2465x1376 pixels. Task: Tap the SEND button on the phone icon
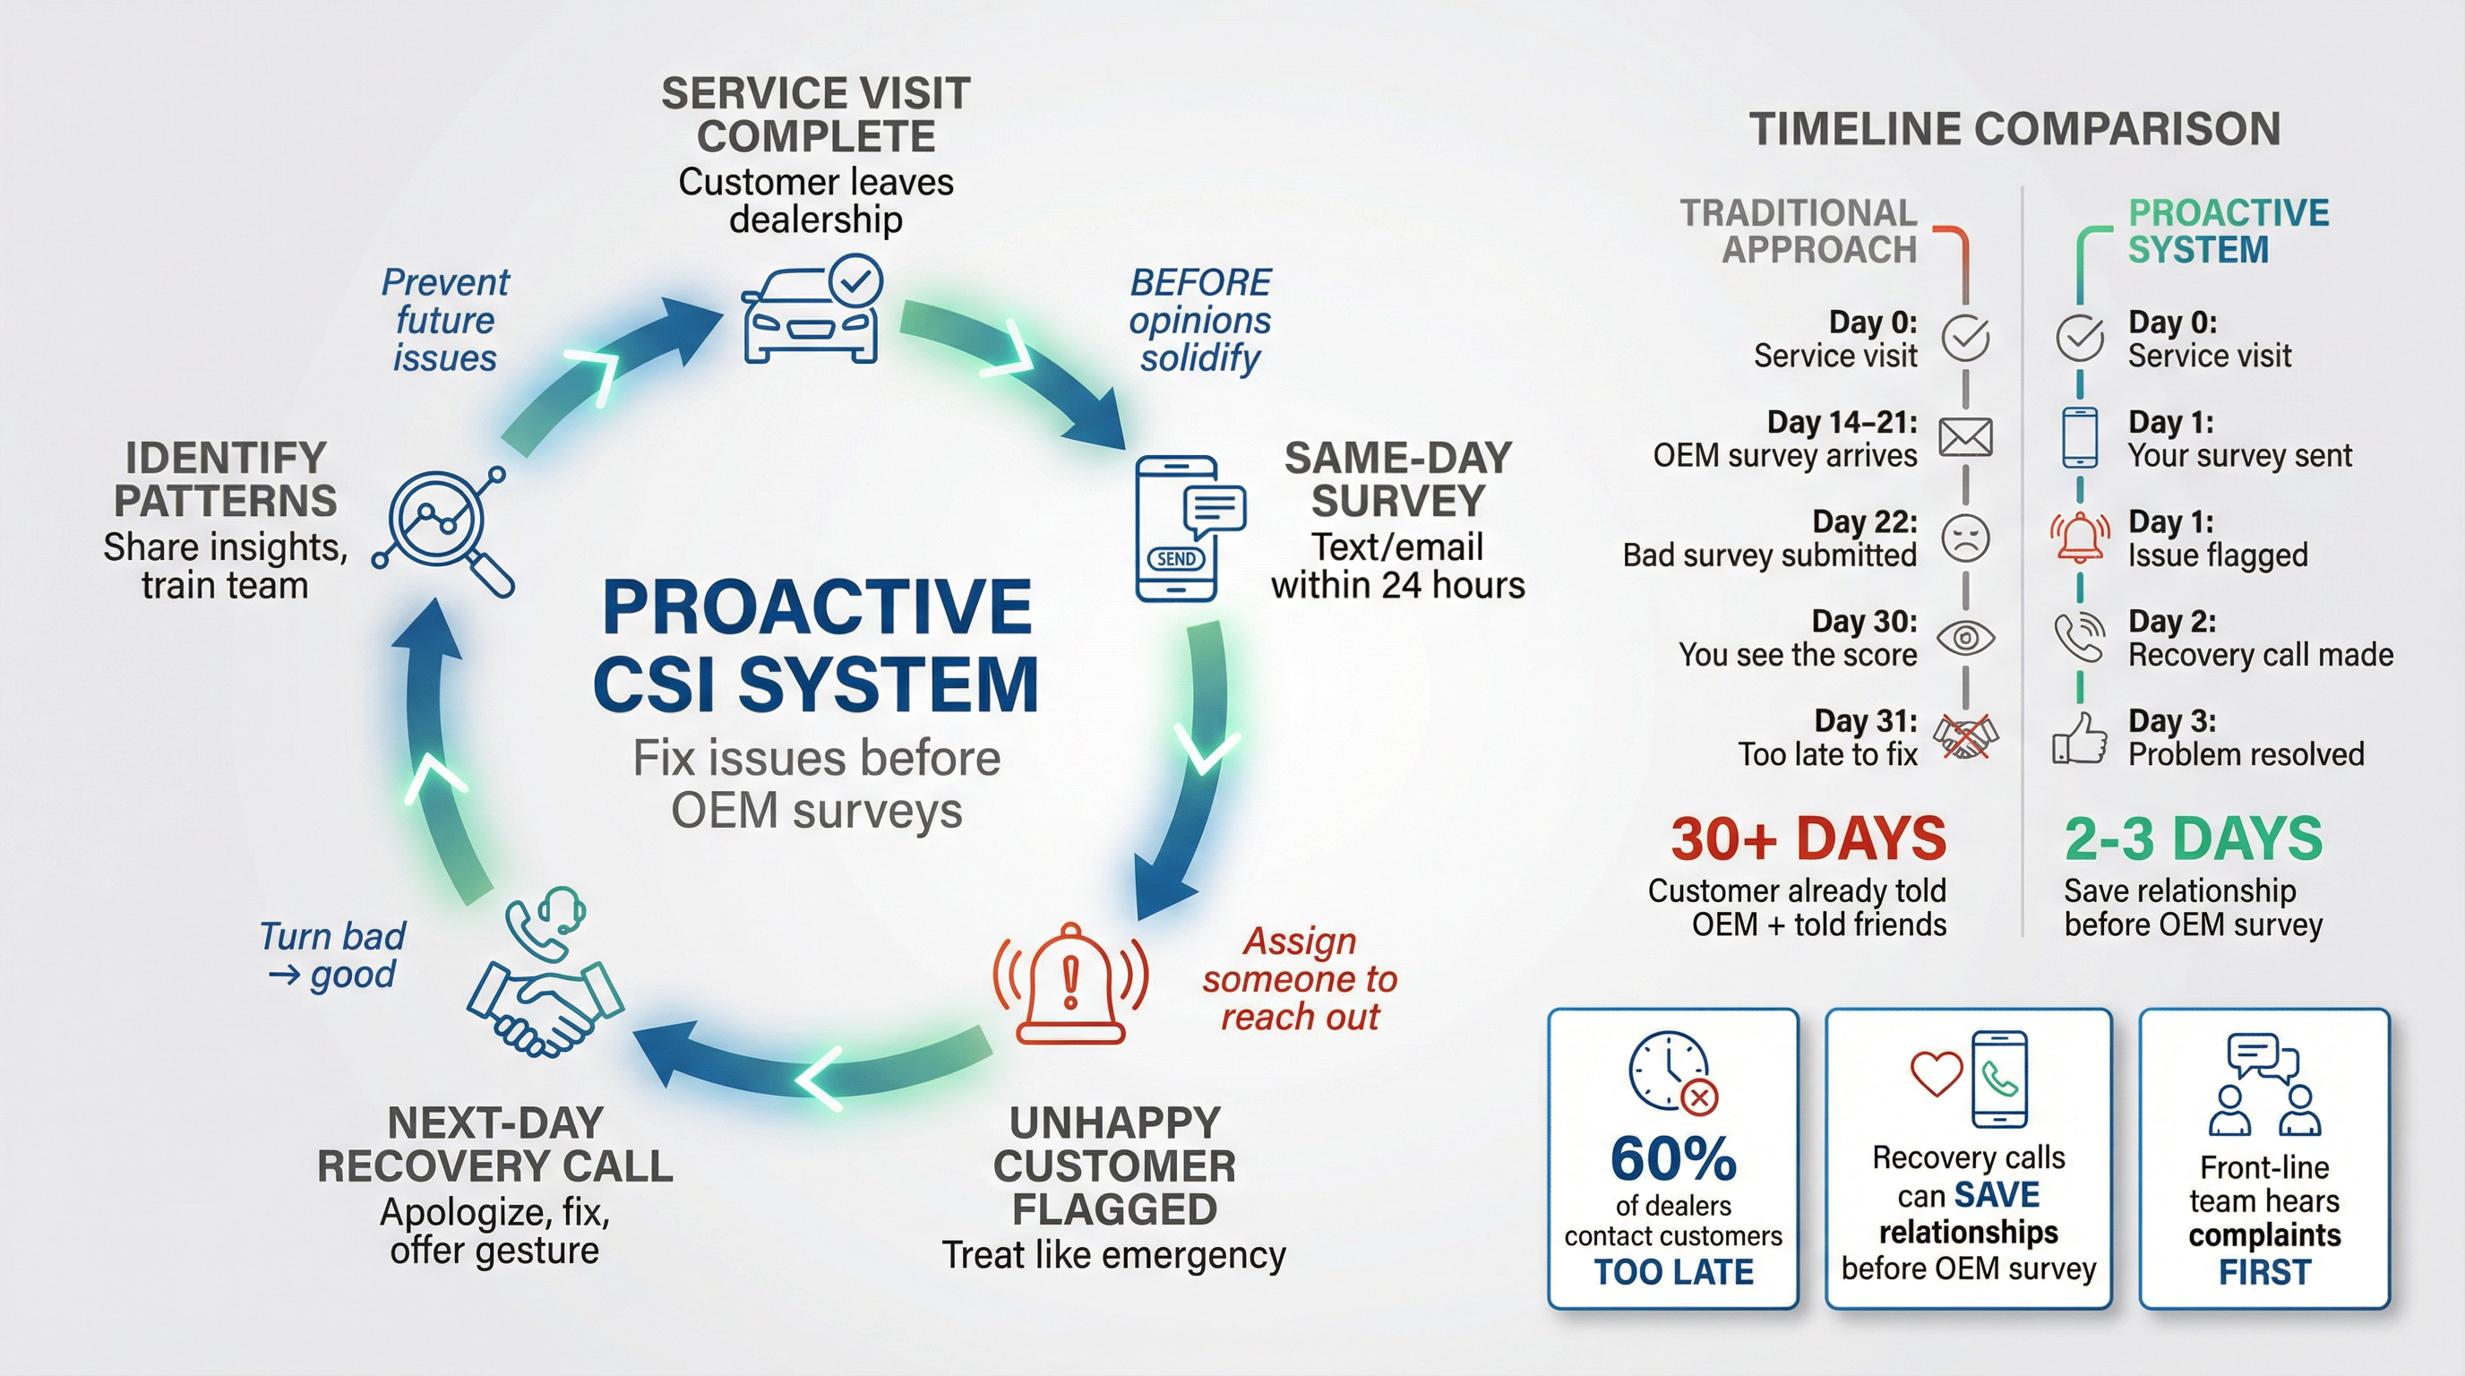1175,559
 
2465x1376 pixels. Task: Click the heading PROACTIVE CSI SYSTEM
816,645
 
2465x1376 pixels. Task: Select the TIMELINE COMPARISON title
2014,129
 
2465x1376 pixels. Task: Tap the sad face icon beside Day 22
1965,537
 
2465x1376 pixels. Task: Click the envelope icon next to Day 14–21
1965,438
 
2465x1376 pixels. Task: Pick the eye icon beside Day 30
1965,637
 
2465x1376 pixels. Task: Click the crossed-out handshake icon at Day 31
1965,736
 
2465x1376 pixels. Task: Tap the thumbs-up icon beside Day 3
2079,739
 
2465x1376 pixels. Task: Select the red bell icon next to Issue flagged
2079,537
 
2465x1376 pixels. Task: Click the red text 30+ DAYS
1808,839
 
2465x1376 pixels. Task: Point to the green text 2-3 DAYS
2194,839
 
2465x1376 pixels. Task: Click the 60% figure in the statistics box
1672,1159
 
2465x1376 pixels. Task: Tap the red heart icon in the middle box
1936,1072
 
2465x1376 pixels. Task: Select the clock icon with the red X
1671,1071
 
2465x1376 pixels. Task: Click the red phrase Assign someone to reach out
1300,979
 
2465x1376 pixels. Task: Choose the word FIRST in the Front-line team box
2264,1273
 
